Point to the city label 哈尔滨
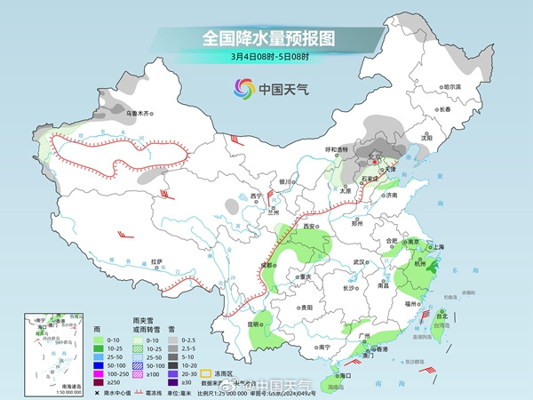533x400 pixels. [453, 87]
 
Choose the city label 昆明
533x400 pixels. [255, 324]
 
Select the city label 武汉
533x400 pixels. [359, 262]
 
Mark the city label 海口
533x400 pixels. [346, 375]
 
